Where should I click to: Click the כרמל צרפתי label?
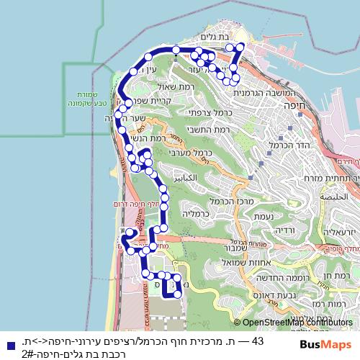pos(203,112)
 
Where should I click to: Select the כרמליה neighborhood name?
pos(195,214)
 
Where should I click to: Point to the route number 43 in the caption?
pos(258,340)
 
